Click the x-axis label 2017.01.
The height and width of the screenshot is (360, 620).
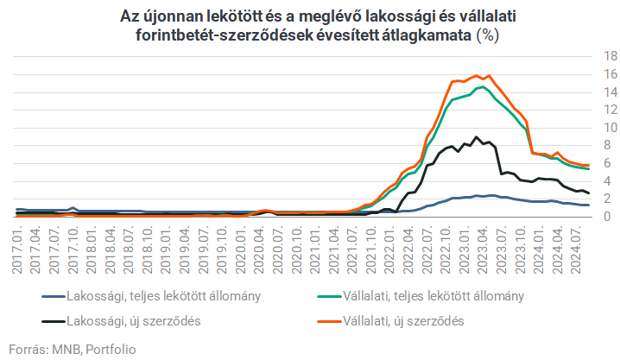(18, 249)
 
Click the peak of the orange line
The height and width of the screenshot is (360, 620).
(478, 75)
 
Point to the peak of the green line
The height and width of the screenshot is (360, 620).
(480, 86)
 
